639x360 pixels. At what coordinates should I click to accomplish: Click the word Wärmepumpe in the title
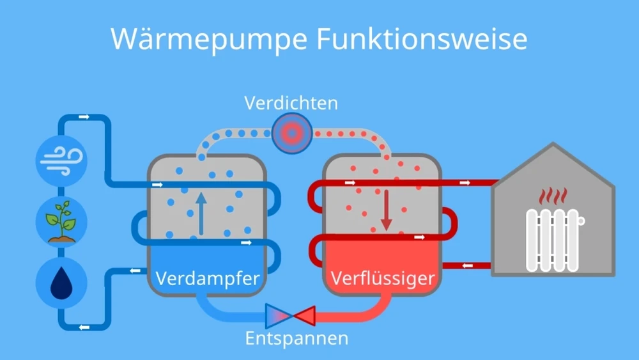point(207,39)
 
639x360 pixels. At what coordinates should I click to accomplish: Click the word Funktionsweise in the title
point(421,39)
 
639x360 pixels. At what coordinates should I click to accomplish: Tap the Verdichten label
point(291,102)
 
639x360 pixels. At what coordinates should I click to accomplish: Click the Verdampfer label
point(208,279)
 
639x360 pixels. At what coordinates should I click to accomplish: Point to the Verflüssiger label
point(382,279)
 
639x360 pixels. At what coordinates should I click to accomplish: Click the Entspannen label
point(296,338)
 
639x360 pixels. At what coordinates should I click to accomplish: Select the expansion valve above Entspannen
point(291,315)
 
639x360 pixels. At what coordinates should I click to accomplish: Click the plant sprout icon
point(61,221)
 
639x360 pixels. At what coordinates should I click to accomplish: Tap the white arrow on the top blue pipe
point(83,117)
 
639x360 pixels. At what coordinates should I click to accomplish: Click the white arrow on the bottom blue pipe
point(83,327)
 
